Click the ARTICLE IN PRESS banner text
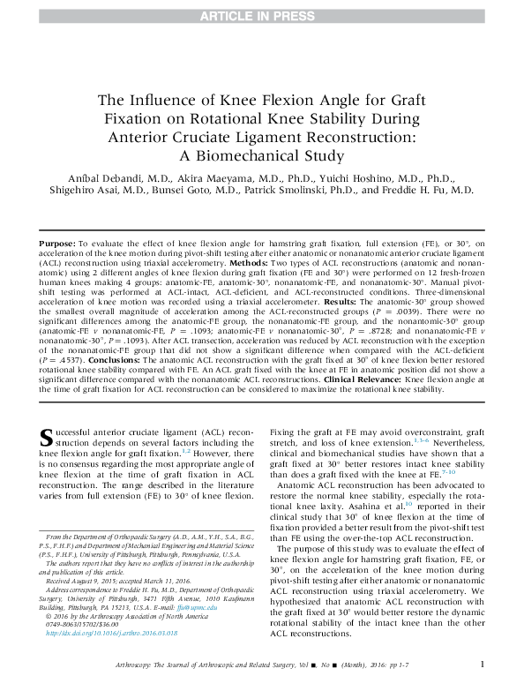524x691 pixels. coord(261,15)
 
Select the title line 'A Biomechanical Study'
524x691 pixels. coord(261,157)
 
